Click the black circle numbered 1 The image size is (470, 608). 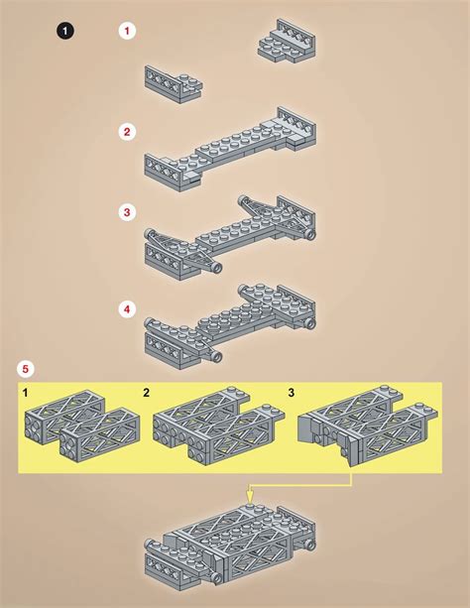tap(65, 31)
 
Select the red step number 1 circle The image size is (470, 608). tap(127, 31)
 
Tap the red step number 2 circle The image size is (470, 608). tap(127, 132)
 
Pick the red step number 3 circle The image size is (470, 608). tap(127, 212)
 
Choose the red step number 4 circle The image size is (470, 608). tap(127, 309)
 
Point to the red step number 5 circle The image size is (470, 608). tap(26, 369)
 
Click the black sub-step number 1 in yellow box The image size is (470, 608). tap(25, 393)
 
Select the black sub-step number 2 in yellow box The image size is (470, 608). tap(146, 393)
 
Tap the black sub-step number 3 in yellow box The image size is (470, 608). tap(292, 393)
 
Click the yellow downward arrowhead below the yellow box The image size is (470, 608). tap(250, 499)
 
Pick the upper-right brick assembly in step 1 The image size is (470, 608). tap(287, 41)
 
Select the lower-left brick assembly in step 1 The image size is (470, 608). tap(174, 84)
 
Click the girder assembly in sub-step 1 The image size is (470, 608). tap(82, 426)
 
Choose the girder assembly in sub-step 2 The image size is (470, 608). tap(219, 426)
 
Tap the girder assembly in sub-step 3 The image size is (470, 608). tap(368, 425)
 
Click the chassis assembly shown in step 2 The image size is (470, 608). tap(230, 149)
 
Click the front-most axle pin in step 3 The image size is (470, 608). tap(216, 267)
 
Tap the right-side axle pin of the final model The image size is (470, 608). tap(310, 545)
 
